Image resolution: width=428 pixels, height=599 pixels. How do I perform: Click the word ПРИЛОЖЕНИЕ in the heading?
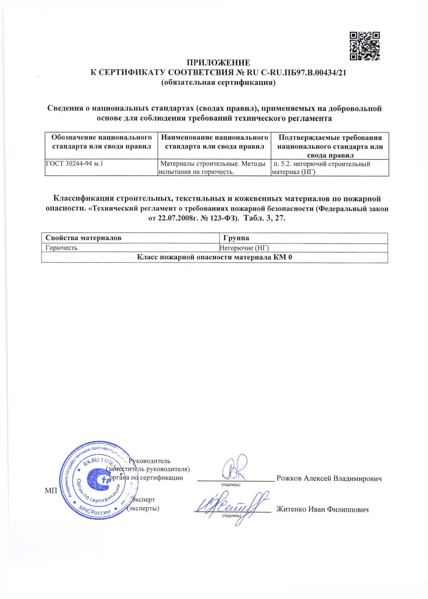[x=219, y=63]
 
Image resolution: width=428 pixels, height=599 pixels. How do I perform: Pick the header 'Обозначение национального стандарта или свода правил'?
[x=101, y=142]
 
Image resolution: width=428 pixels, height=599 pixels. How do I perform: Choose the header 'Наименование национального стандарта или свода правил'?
[x=215, y=142]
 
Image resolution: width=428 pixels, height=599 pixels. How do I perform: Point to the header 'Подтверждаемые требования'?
[x=330, y=138]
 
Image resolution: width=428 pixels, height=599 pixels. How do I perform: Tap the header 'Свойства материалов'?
[x=84, y=238]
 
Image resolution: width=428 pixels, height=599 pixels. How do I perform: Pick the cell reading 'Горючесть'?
[x=62, y=248]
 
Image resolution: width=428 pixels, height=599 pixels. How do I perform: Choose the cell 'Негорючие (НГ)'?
[x=244, y=248]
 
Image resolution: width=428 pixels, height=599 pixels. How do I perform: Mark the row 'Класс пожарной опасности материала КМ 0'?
[x=215, y=258]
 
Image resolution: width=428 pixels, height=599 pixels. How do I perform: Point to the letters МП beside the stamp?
[x=51, y=491]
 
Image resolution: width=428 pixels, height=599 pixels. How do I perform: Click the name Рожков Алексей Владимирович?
[x=329, y=478]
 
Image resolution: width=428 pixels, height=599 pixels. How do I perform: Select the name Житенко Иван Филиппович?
[x=322, y=510]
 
